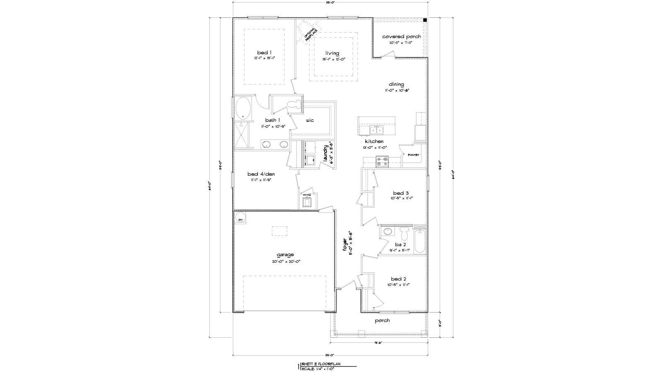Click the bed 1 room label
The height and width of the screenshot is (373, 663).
[x=264, y=53]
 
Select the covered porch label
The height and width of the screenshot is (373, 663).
[x=401, y=36]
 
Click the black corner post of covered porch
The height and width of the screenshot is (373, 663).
[x=425, y=20]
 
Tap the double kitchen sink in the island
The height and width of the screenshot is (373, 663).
[x=377, y=131]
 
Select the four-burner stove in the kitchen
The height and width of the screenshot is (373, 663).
[x=382, y=162]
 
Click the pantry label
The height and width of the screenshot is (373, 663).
[x=414, y=155]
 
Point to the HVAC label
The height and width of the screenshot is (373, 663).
[x=307, y=195]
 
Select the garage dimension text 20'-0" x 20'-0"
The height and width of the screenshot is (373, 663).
[x=285, y=262]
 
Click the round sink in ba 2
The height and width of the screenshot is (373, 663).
[x=387, y=231]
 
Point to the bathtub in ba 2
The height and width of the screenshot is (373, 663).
[x=419, y=242]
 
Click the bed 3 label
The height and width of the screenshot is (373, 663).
[x=401, y=193]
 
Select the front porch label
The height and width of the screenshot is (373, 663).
[x=382, y=320]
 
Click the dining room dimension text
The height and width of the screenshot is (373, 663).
[x=396, y=90]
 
